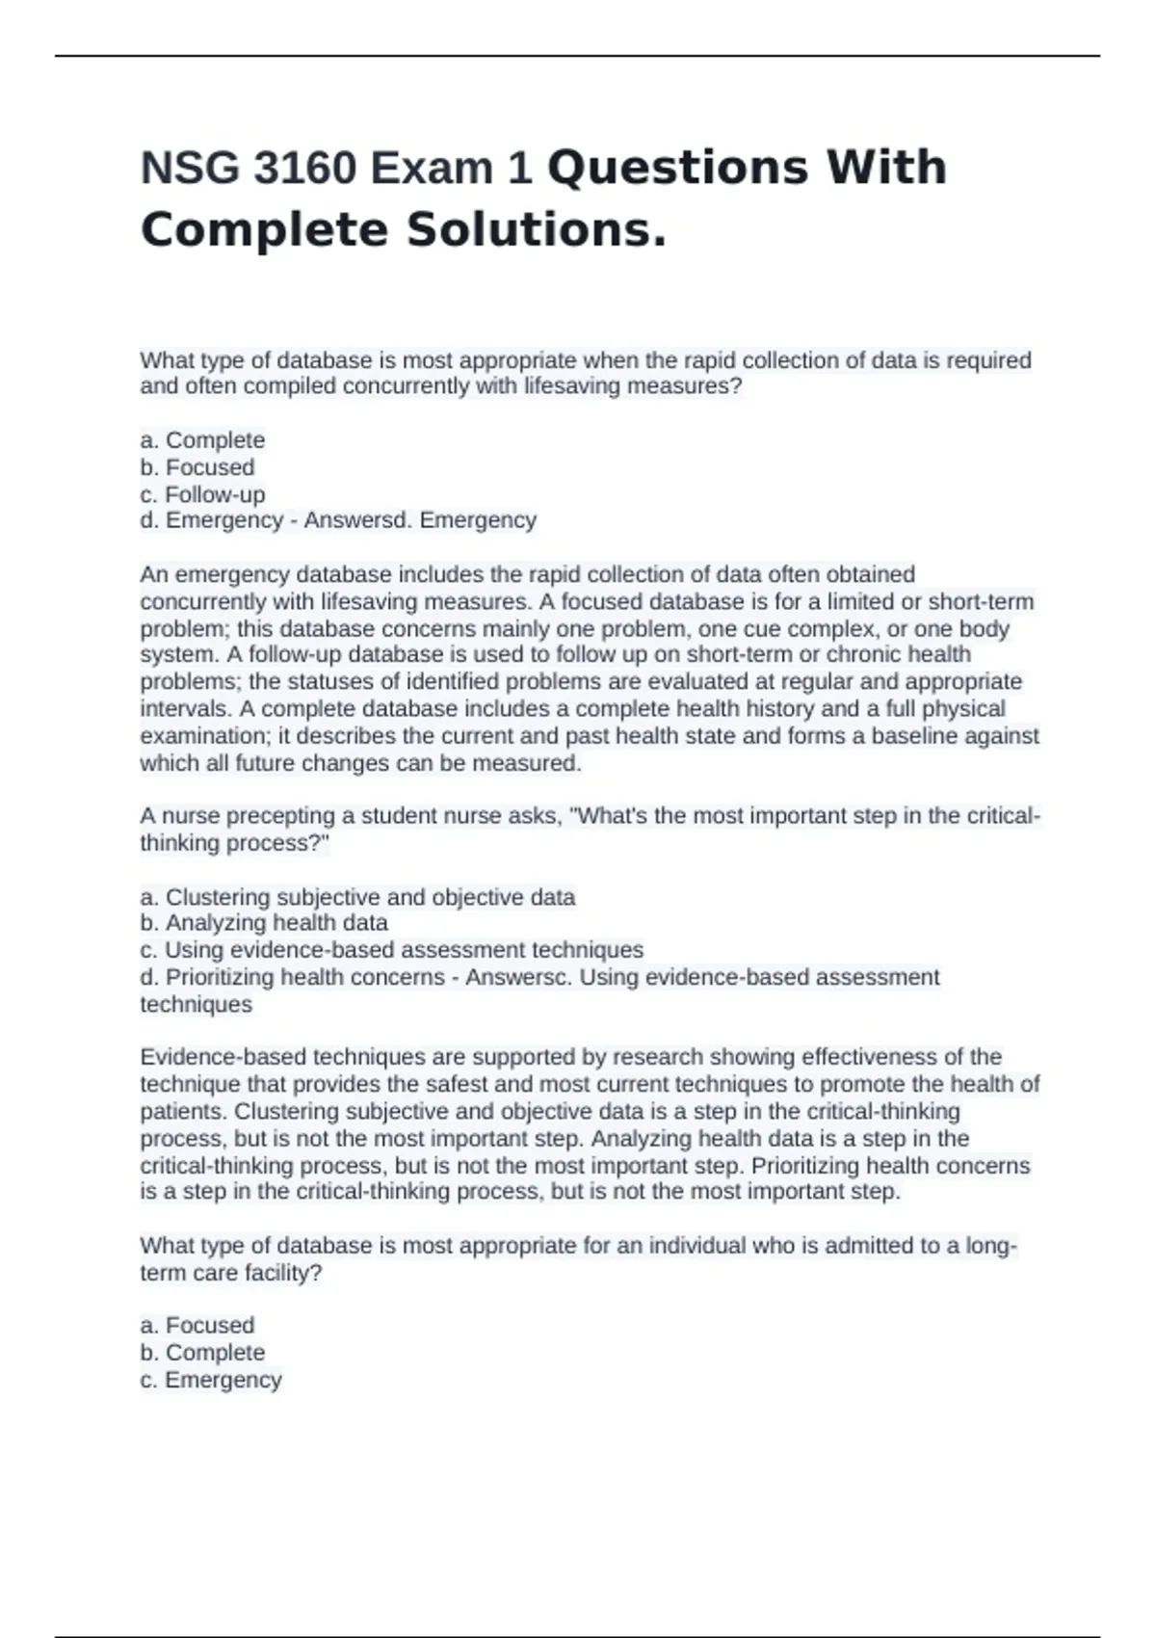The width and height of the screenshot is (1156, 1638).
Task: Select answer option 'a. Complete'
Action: click(x=202, y=440)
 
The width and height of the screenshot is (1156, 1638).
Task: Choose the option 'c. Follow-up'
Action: click(x=202, y=494)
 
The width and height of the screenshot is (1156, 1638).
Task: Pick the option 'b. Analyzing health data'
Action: click(x=264, y=923)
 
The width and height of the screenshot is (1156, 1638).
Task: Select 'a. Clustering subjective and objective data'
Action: click(x=357, y=897)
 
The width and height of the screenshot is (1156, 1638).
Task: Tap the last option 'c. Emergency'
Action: click(x=211, y=1380)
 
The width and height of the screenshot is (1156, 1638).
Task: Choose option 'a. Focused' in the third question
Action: click(x=197, y=1326)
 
